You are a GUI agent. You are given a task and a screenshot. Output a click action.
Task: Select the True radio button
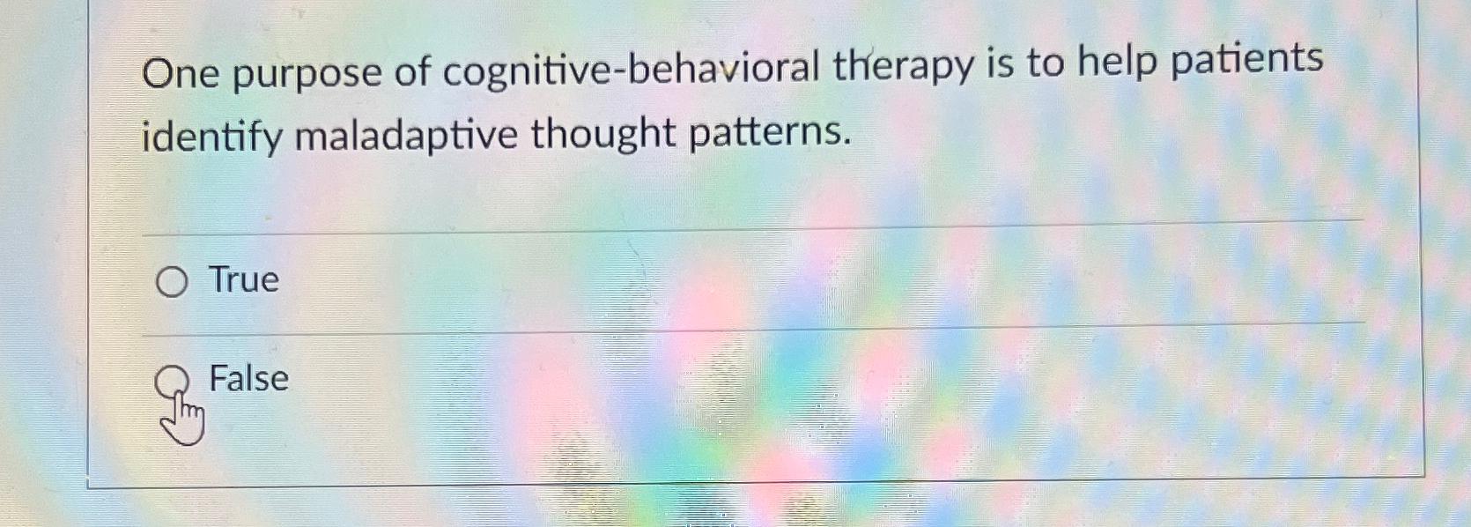[172, 282]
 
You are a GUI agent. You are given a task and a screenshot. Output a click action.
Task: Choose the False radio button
[172, 382]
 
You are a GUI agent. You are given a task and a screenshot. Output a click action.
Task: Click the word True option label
[244, 279]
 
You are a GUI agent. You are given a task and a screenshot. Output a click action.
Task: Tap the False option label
[248, 379]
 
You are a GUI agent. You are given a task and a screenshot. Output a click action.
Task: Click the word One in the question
[180, 74]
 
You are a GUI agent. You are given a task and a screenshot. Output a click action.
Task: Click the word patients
[1246, 60]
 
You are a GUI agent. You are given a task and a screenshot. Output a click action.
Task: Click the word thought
[602, 135]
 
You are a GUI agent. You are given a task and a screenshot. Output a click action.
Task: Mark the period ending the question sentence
[847, 141]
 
